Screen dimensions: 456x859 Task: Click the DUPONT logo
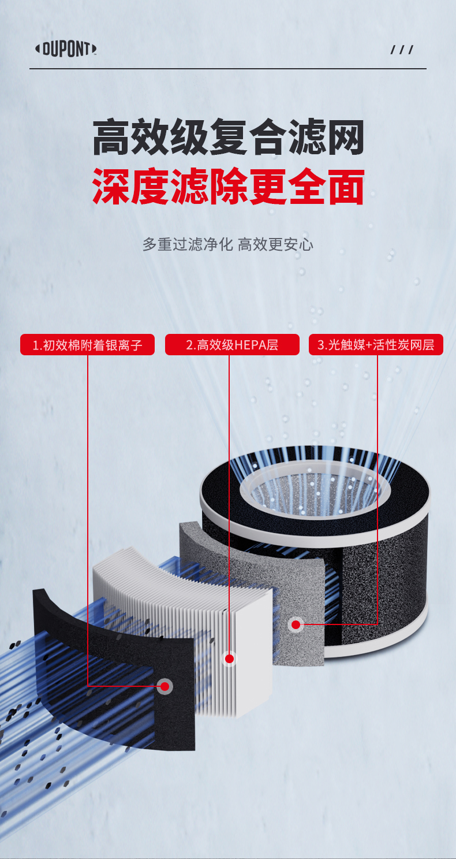tap(66, 49)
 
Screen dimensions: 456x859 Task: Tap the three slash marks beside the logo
tap(402, 50)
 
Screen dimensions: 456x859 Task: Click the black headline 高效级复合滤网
tap(228, 137)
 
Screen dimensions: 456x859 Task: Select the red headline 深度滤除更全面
tap(228, 186)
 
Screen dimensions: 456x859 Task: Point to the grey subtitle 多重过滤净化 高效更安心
tap(228, 244)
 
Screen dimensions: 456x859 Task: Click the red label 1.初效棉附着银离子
tap(87, 345)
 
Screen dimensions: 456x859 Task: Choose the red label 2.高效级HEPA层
tap(232, 345)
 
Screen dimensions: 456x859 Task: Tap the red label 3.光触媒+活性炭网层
tap(376, 345)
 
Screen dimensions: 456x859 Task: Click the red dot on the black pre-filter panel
tap(165, 686)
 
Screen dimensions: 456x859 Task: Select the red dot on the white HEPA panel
tap(229, 659)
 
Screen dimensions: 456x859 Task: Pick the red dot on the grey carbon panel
tap(296, 624)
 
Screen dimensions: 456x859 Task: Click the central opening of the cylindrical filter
tap(315, 492)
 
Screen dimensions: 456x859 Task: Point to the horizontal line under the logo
tap(228, 69)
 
